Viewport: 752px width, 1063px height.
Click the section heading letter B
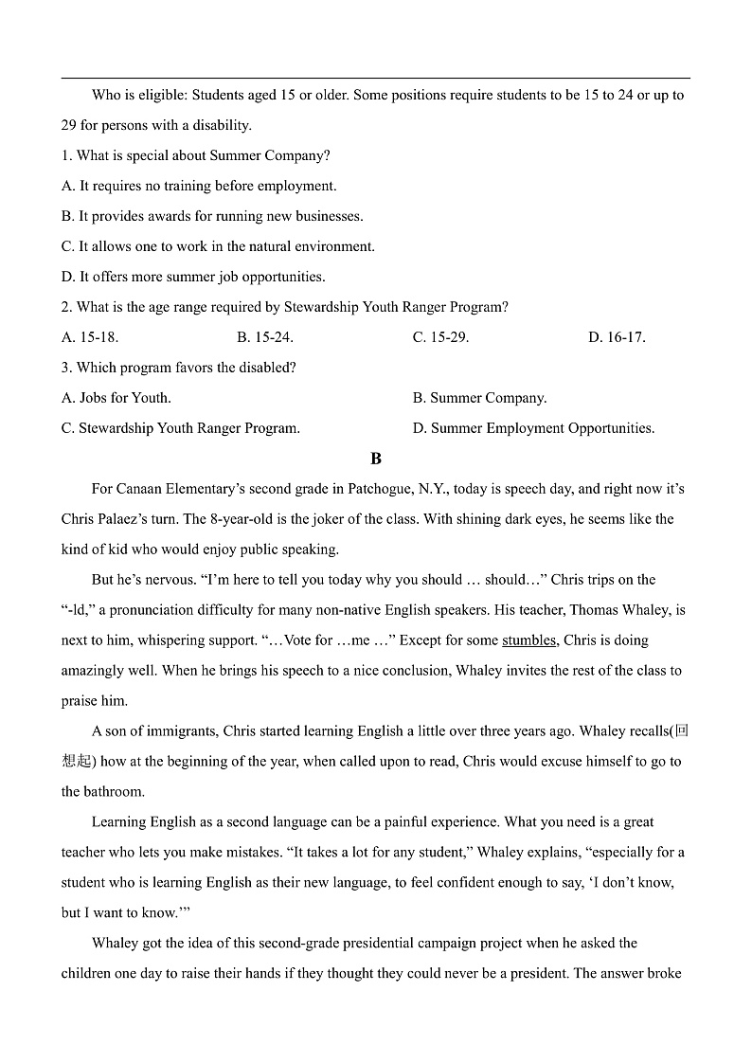click(x=376, y=459)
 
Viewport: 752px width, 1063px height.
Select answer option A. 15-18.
click(x=90, y=337)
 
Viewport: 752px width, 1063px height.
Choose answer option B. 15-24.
click(x=265, y=337)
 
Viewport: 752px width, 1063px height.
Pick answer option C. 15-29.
click(x=440, y=337)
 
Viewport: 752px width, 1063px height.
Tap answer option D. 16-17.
click(x=617, y=337)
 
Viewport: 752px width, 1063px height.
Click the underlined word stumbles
click(x=528, y=640)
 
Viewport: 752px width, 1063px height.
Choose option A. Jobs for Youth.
click(x=116, y=398)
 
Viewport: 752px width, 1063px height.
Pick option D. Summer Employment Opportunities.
click(x=533, y=428)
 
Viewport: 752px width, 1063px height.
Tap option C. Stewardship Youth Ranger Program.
click(x=181, y=428)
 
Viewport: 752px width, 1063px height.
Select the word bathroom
click(x=115, y=792)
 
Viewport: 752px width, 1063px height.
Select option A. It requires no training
click(x=199, y=186)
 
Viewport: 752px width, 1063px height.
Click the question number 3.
click(x=66, y=368)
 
